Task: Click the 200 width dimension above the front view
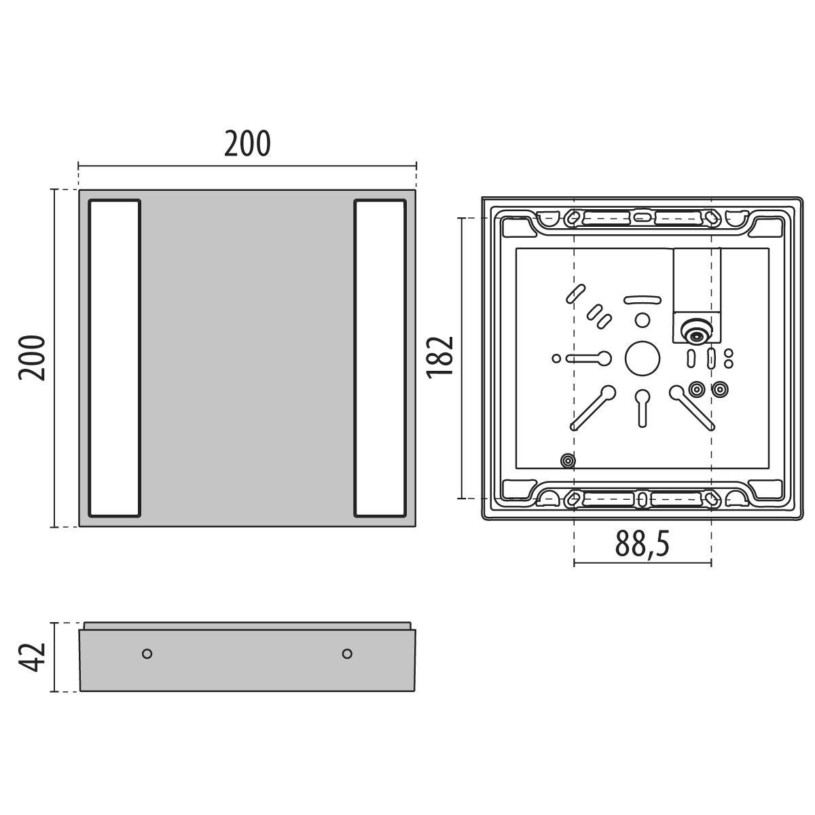click(247, 144)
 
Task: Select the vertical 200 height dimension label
click(32, 358)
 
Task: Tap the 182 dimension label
click(440, 357)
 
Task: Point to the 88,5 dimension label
click(642, 544)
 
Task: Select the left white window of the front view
click(114, 358)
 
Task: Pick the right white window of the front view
click(380, 358)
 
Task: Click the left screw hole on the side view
click(147, 654)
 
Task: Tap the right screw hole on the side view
click(347, 654)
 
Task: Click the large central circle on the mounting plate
click(642, 358)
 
